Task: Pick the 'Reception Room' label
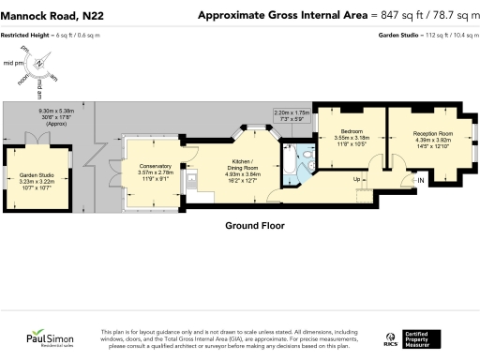[x=433, y=133]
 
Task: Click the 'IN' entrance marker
[x=420, y=179]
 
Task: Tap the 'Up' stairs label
[x=356, y=178]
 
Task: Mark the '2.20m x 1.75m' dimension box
[x=292, y=115]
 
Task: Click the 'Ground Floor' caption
[x=254, y=226]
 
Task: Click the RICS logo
[x=391, y=337]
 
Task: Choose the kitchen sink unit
[x=190, y=176]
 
